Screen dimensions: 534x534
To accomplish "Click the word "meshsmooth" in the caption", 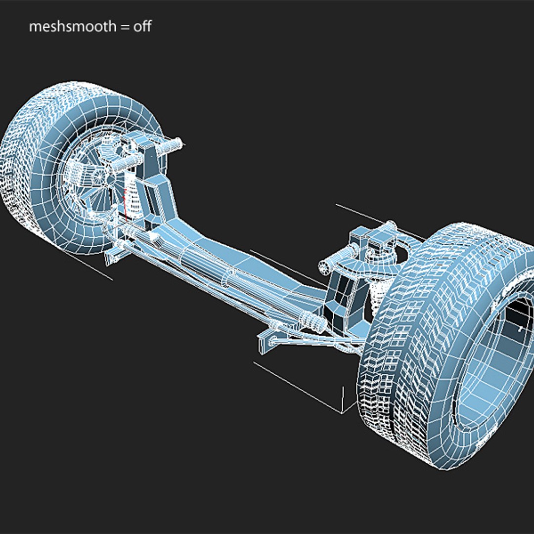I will (x=71, y=27).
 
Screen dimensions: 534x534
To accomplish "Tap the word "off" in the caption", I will (x=142, y=27).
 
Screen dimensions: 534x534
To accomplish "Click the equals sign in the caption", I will (x=124, y=27).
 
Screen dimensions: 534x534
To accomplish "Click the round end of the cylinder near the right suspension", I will (x=325, y=266).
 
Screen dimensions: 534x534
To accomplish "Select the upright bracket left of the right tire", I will (x=346, y=302).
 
